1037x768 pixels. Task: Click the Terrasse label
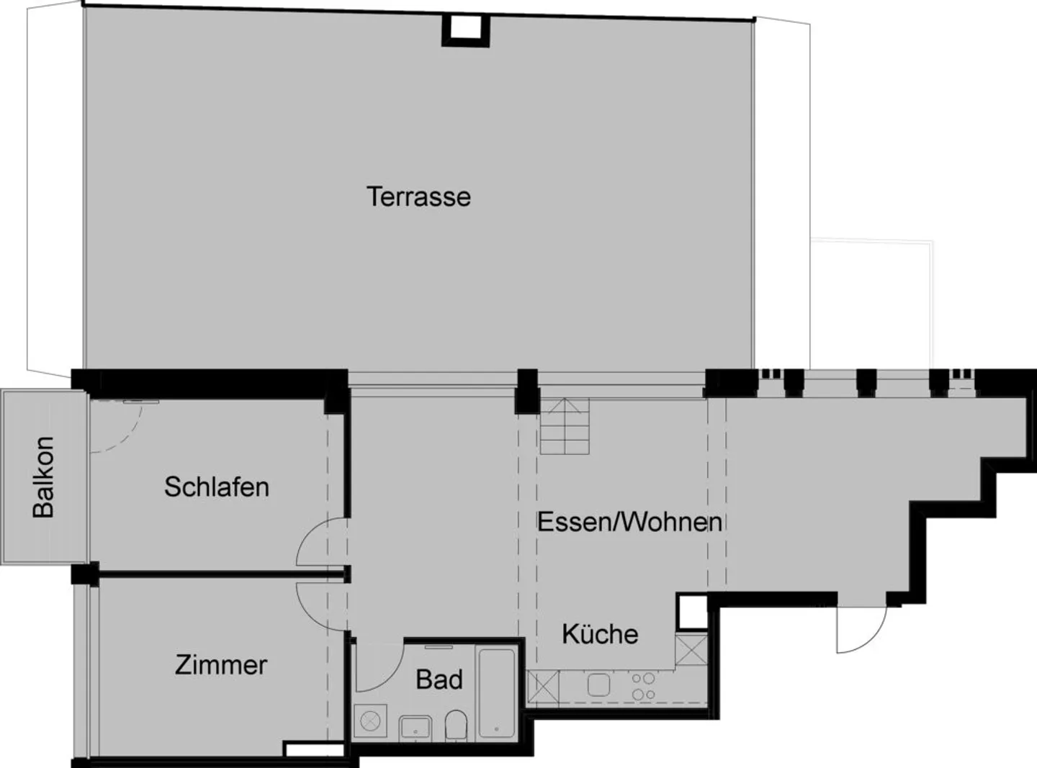click(418, 196)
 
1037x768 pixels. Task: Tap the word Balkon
click(43, 476)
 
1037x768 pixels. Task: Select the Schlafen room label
click(217, 487)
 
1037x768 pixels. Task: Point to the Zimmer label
click(221, 664)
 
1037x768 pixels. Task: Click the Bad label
click(439, 679)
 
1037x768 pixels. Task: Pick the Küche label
click(600, 634)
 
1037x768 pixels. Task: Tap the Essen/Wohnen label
click(629, 522)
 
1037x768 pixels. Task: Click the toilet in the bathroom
click(456, 724)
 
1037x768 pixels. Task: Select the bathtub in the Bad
click(497, 694)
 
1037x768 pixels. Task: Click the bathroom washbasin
click(416, 727)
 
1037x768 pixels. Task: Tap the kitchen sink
click(599, 685)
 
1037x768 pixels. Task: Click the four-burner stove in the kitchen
click(643, 686)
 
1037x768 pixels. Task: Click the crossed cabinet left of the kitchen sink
click(543, 686)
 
